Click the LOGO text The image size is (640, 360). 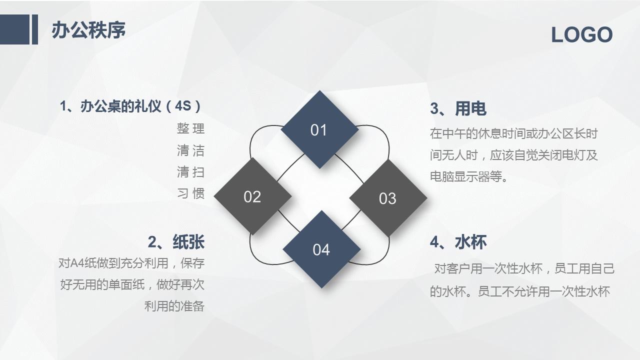click(x=581, y=35)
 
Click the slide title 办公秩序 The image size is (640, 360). click(x=88, y=30)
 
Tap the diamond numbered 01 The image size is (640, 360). click(x=319, y=129)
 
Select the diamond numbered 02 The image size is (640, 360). click(x=252, y=196)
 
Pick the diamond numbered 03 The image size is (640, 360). click(x=387, y=198)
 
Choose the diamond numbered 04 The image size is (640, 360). click(x=321, y=249)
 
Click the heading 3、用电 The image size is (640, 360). click(x=458, y=108)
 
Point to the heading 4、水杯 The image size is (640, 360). click(x=458, y=242)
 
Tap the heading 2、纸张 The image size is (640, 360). click(x=176, y=242)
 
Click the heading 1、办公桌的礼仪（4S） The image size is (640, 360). click(x=131, y=106)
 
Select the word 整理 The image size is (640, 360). click(x=190, y=128)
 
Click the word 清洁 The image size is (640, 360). click(x=190, y=150)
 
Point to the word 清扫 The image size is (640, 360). click(x=190, y=172)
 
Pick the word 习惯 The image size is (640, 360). click(x=190, y=193)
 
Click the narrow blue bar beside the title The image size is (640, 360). click(x=35, y=29)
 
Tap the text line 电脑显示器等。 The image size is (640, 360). click(x=469, y=176)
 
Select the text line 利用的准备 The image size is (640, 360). click(x=174, y=306)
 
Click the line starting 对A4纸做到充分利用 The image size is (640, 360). click(x=131, y=263)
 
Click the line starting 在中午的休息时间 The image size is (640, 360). click(x=513, y=133)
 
